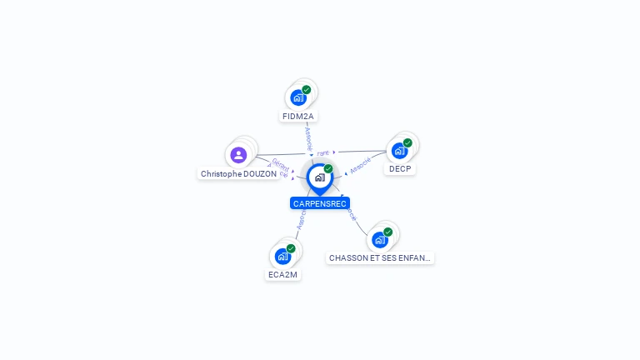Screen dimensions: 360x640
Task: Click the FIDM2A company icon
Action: tap(298, 97)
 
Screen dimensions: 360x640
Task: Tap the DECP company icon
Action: tap(399, 151)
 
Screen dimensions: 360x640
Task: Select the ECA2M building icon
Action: tap(282, 256)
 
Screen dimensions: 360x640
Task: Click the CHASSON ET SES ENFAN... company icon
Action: tap(380, 240)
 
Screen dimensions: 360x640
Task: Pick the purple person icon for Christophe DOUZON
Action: tap(238, 155)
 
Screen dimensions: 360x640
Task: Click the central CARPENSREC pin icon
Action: tap(319, 178)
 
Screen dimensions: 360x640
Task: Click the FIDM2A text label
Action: tap(298, 117)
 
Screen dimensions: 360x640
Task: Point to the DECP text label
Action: tap(400, 169)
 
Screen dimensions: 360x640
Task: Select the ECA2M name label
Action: tap(283, 274)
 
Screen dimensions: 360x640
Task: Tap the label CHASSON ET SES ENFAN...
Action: tap(380, 258)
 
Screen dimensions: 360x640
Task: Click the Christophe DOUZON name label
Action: tap(238, 174)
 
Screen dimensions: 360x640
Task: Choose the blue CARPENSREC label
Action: tap(320, 203)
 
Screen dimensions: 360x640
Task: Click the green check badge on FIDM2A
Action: tap(307, 89)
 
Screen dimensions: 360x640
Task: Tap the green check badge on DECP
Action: tap(407, 142)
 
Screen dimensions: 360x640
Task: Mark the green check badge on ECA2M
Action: tap(291, 248)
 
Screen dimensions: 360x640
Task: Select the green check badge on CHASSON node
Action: tap(388, 232)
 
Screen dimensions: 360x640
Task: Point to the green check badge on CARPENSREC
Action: tap(328, 169)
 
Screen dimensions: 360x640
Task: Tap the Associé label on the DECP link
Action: tap(360, 165)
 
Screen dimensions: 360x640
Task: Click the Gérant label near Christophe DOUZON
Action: tap(280, 165)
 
